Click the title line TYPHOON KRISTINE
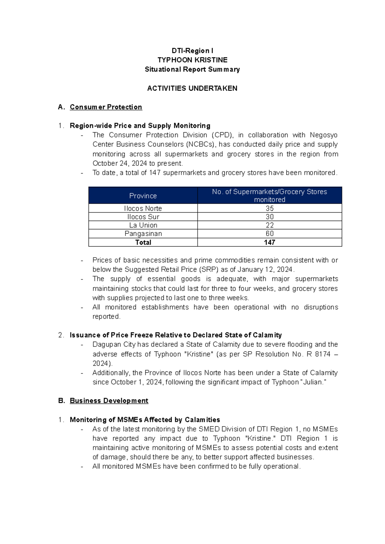click(192, 60)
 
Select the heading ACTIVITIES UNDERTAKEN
click(192, 88)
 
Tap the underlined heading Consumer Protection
click(106, 107)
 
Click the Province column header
click(143, 196)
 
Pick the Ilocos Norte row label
click(143, 208)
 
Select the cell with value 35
click(269, 208)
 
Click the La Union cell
click(143, 225)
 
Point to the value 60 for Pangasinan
click(269, 234)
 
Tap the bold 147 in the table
click(269, 242)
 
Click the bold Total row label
click(143, 242)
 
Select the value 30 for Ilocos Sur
click(269, 217)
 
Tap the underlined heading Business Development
click(109, 401)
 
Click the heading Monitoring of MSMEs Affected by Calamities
click(145, 420)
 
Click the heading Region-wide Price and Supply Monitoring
click(140, 126)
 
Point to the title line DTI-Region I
click(192, 51)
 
